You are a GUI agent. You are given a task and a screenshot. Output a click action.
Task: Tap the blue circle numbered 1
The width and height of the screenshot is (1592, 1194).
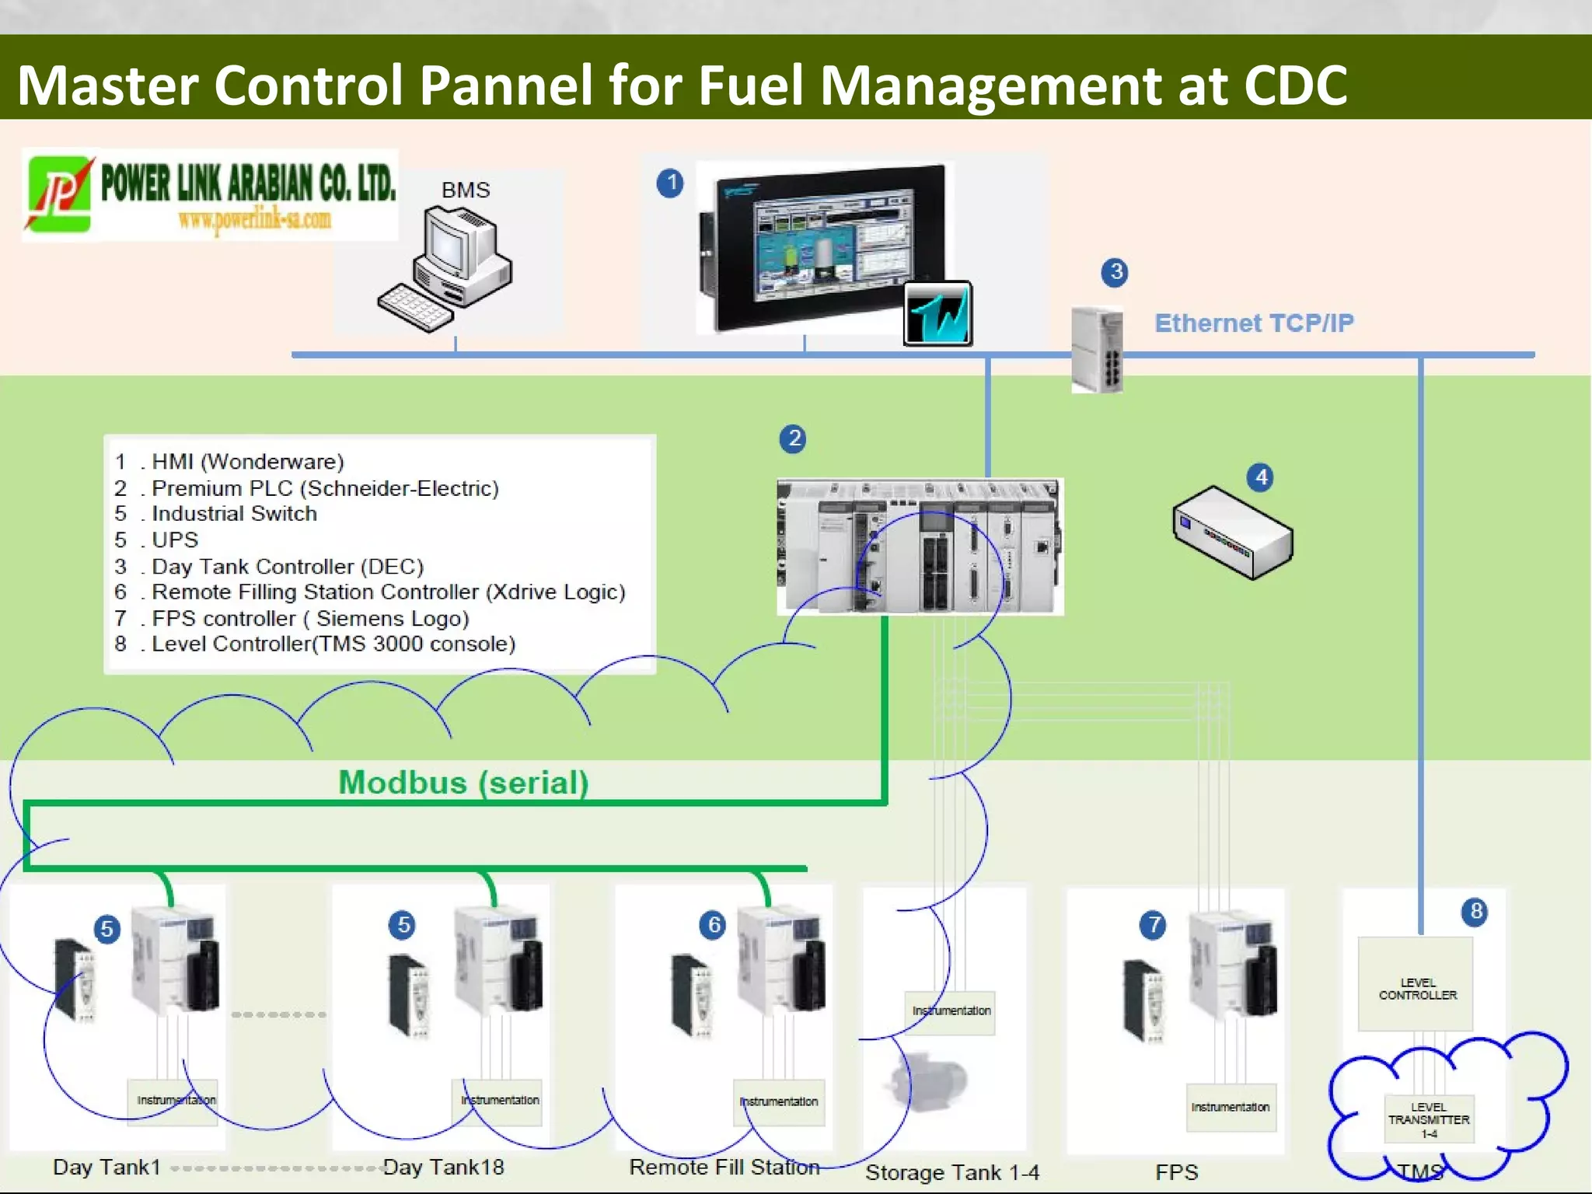point(670,183)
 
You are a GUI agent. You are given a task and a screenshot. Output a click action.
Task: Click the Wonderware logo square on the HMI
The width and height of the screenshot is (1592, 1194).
point(938,313)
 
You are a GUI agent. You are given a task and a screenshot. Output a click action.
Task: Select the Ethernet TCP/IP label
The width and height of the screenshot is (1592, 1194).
point(1253,323)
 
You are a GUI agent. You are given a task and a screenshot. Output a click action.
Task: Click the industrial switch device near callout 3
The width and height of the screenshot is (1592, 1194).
point(1097,350)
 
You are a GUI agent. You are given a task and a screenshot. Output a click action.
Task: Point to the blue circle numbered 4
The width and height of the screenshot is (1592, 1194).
point(1261,477)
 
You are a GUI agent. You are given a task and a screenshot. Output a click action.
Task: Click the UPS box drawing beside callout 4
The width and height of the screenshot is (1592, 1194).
point(1232,533)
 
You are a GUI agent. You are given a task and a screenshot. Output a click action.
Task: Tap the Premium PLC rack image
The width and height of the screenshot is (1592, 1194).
point(920,546)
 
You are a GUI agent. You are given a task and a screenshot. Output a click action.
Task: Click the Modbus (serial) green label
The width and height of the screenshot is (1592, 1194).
point(463,782)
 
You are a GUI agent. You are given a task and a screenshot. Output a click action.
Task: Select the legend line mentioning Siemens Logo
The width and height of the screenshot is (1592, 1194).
point(292,618)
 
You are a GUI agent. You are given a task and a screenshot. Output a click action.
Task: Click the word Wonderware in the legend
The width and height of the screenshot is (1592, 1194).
point(272,462)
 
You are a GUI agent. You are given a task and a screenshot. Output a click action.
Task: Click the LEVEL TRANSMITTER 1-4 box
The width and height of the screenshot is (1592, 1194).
point(1429,1119)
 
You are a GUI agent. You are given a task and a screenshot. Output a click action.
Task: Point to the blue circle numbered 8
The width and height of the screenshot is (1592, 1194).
point(1475,911)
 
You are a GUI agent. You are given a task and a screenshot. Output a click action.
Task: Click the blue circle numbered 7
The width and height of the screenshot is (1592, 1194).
point(1153,924)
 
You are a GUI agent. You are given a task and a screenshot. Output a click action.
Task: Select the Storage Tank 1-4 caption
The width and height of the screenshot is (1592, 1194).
point(951,1172)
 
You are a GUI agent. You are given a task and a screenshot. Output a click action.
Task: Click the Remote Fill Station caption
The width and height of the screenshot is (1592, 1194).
point(724,1167)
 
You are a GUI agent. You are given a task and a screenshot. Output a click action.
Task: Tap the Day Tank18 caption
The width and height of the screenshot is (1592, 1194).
point(443,1167)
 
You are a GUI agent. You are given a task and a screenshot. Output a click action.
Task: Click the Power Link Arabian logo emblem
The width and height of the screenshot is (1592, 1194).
point(59,194)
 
